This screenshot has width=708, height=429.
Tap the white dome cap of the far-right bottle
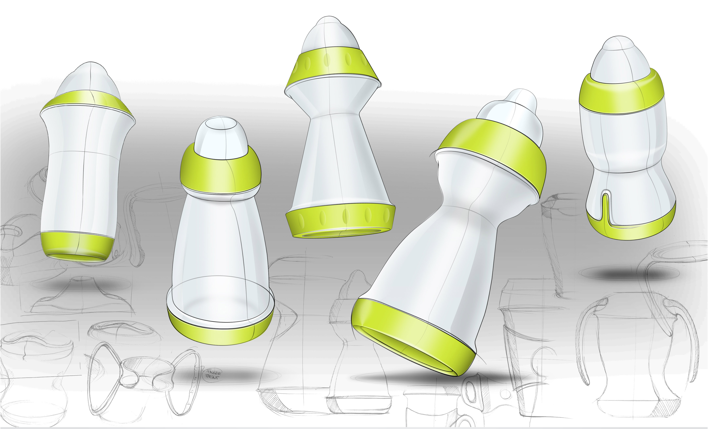tap(618, 60)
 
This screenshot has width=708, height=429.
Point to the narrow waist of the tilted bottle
tap(471, 207)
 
